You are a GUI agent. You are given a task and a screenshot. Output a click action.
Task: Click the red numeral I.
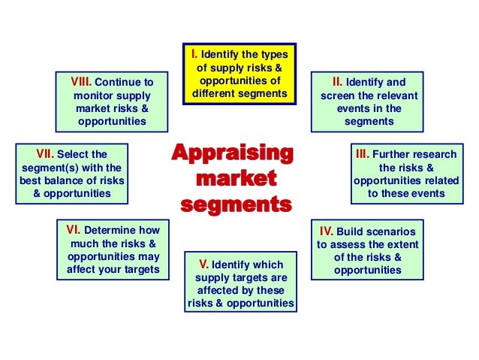194,53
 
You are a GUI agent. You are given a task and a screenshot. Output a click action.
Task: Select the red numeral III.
361,153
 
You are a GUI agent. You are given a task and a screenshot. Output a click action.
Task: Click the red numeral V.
203,264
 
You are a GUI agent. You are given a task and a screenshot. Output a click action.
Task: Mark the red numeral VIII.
83,81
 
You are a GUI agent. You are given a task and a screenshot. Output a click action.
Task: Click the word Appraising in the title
231,153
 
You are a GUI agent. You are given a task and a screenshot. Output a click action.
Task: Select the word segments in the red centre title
234,204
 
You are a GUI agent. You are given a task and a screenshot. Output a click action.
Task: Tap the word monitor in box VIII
92,95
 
